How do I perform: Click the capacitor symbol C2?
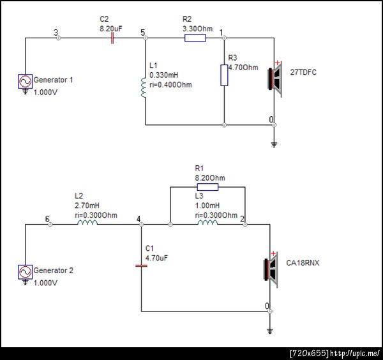[112, 38]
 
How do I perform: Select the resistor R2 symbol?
[195, 38]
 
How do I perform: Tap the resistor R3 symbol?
[224, 75]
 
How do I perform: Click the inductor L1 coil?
[144, 87]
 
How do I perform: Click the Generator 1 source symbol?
[26, 82]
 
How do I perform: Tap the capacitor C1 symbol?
[141, 264]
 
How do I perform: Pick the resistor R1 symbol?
[207, 187]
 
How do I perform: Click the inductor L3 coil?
[207, 224]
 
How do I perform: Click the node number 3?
[56, 32]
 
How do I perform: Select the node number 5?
[142, 32]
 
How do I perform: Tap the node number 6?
[47, 219]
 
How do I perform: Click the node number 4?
[139, 219]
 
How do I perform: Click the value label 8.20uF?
[112, 29]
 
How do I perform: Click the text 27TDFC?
[303, 72]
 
